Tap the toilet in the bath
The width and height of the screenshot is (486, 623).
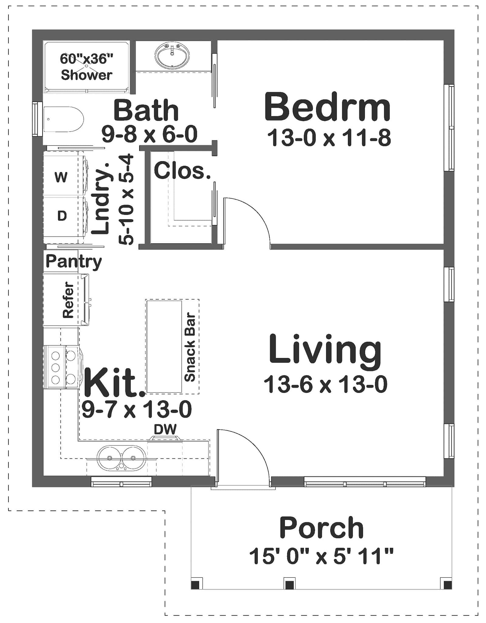(63, 119)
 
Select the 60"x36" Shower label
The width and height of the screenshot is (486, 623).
(86, 67)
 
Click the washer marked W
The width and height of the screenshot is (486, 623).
(61, 177)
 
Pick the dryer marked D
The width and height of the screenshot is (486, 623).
(62, 216)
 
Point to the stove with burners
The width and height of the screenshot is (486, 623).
(63, 367)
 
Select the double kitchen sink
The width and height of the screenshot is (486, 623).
(121, 457)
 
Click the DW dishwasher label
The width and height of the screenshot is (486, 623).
(165, 429)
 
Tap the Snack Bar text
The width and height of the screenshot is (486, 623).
(190, 347)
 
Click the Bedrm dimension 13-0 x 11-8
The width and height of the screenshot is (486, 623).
(329, 138)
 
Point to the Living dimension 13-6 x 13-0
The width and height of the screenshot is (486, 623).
(325, 384)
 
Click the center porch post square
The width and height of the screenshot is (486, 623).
(289, 584)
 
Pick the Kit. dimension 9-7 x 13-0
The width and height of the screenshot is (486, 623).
(136, 409)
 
